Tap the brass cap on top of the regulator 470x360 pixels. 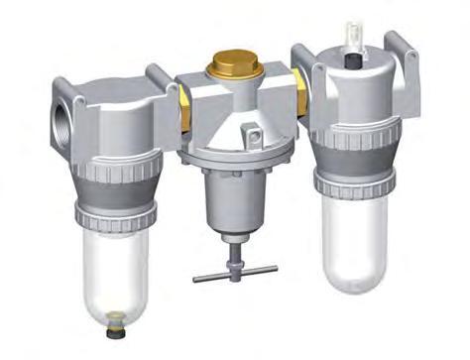233,69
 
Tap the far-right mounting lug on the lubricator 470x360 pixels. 401,50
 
